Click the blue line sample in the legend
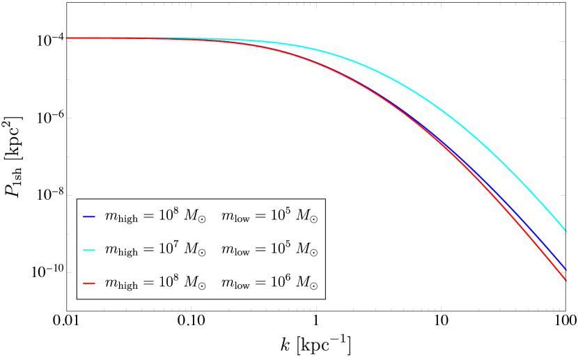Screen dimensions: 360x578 click(88, 217)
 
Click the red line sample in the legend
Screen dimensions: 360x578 click(88, 284)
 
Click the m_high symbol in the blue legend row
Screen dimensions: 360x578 click(121, 217)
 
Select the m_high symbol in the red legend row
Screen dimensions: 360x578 click(121, 285)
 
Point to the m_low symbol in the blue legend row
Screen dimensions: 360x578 click(235, 217)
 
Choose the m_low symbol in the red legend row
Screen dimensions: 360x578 click(235, 285)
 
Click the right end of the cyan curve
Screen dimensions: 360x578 click(566, 230)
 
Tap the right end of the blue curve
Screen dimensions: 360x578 click(566, 269)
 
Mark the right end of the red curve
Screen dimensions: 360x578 click(566, 280)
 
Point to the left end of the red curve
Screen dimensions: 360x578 click(67, 38)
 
